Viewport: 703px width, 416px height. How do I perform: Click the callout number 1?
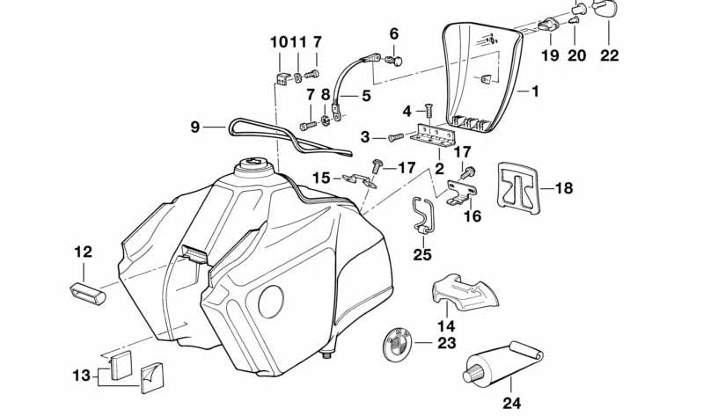[535, 91]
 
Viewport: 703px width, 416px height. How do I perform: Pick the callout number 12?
[83, 252]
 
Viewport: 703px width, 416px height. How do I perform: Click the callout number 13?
[80, 376]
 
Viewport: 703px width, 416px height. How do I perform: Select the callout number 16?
[472, 215]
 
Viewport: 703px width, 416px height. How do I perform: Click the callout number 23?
[446, 343]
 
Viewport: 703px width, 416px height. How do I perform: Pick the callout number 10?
[278, 41]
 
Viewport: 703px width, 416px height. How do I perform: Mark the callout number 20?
[576, 55]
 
